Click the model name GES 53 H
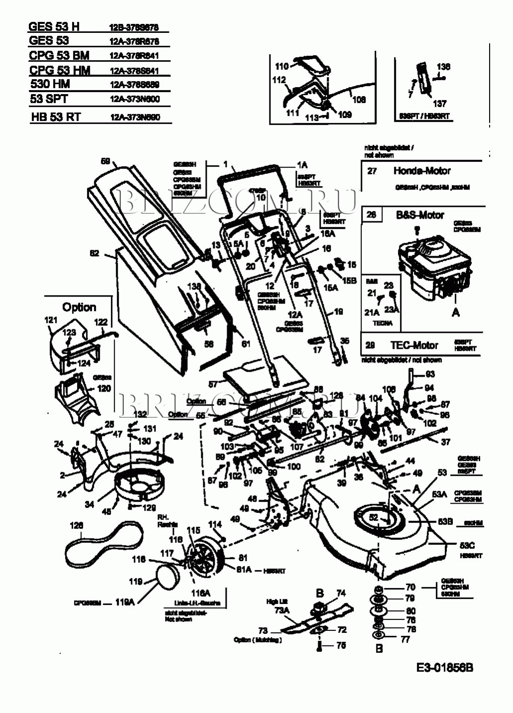pos(54,26)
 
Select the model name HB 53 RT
pos(55,117)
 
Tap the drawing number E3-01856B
pos(445,667)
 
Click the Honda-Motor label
pos(422,171)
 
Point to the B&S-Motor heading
pos(420,215)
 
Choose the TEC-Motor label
pos(414,345)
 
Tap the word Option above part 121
pos(79,307)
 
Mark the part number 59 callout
pos(105,161)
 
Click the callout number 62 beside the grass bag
pos(94,253)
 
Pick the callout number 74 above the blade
pos(341,593)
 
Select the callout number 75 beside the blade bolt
pos(341,645)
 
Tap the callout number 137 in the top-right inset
pos(439,103)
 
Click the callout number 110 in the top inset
pos(281,66)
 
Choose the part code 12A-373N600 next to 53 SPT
pos(135,99)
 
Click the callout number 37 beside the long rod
pos(445,441)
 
